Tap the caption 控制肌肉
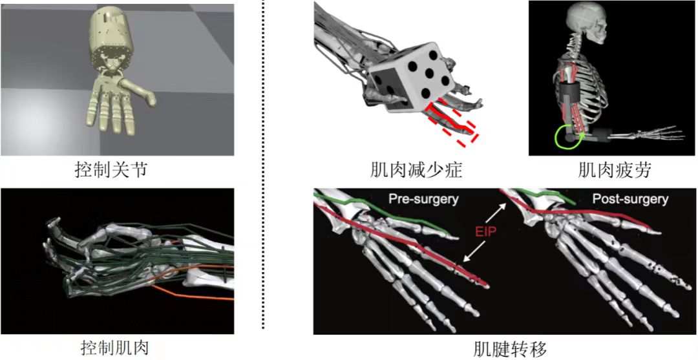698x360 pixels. (x=115, y=348)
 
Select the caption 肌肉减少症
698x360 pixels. (x=418, y=171)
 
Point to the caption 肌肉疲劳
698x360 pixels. (x=615, y=171)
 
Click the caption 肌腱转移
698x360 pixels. (x=506, y=348)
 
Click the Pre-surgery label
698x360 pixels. (x=423, y=199)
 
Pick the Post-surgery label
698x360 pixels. (x=630, y=199)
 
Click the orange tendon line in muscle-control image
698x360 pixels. (x=194, y=294)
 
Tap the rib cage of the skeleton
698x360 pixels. (x=588, y=84)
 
